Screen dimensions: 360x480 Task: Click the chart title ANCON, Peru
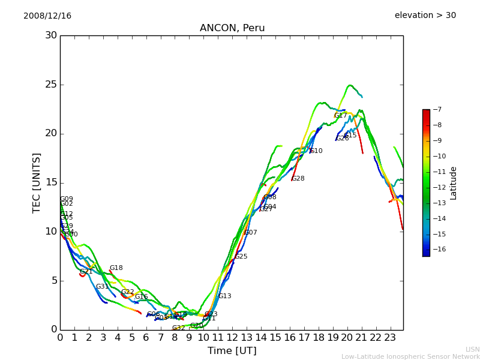pyautogui.click(x=232, y=28)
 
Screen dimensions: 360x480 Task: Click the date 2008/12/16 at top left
pyautogui.click(x=47, y=16)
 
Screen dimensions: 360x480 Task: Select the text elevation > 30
pyautogui.click(x=425, y=16)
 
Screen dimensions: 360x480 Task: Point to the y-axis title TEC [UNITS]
pyautogui.click(x=37, y=182)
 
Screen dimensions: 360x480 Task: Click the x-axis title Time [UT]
pyautogui.click(x=232, y=351)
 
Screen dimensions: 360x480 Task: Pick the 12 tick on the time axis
pyautogui.click(x=232, y=337)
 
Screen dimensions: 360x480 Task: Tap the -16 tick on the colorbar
pyautogui.click(x=439, y=250)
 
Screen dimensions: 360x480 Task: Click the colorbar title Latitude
pyautogui.click(x=454, y=182)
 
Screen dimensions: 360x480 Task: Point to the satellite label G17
pyautogui.click(x=340, y=116)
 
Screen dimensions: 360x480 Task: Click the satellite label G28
pyautogui.click(x=298, y=179)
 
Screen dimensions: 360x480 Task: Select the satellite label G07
pyautogui.click(x=251, y=233)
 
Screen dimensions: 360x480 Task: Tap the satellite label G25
pyautogui.click(x=241, y=257)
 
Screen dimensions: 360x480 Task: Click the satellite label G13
pyautogui.click(x=225, y=296)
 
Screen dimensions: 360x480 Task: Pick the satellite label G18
pyautogui.click(x=116, y=268)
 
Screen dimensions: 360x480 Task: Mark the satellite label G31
pyautogui.click(x=103, y=287)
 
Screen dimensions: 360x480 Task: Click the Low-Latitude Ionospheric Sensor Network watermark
pyautogui.click(x=410, y=357)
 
